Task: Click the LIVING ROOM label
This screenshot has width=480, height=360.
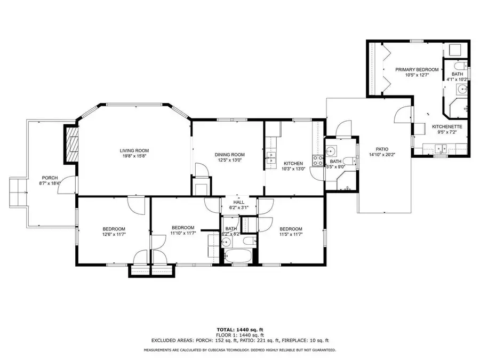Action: [x=134, y=151]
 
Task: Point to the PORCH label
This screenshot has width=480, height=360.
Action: [x=50, y=178]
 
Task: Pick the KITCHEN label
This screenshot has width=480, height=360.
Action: [x=293, y=163]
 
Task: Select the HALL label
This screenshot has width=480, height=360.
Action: [x=238, y=202]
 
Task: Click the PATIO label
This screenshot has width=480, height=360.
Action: [x=381, y=149]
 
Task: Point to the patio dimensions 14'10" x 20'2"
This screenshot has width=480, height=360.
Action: [x=381, y=155]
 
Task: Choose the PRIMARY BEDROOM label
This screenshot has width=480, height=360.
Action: [x=417, y=69]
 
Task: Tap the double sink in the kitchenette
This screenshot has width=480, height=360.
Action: [x=440, y=149]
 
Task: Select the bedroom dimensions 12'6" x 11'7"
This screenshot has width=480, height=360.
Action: [x=114, y=234]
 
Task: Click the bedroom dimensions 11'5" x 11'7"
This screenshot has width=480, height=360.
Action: [x=291, y=234]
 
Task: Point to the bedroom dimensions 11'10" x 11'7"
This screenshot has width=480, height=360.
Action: [x=183, y=233]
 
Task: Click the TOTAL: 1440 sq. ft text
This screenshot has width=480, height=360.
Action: [x=239, y=330]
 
